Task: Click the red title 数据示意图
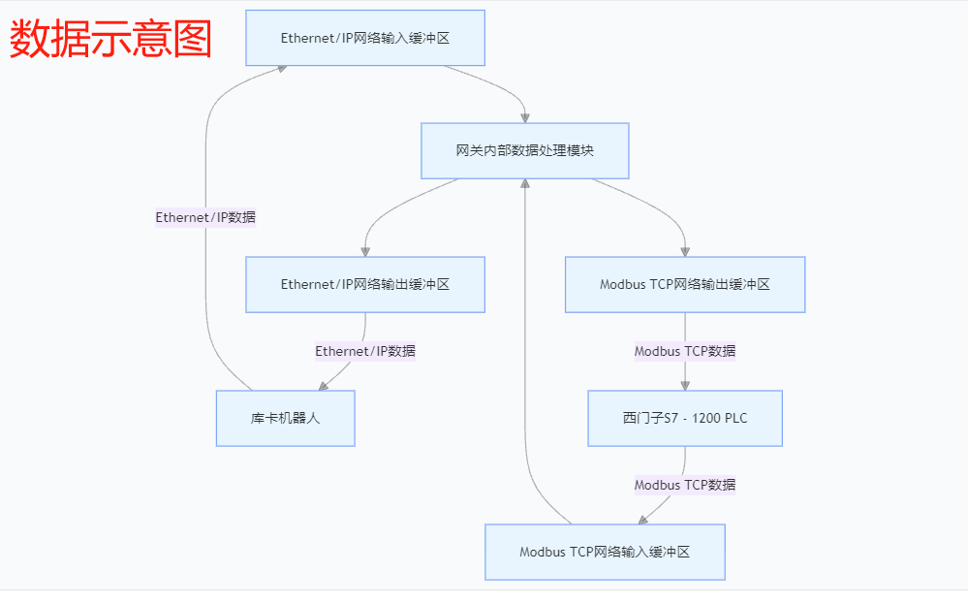110,39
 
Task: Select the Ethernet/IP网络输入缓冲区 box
365,38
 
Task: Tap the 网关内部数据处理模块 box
524,150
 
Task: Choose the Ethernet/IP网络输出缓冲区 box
365,284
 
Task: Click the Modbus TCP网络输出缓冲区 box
684,284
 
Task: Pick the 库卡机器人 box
285,418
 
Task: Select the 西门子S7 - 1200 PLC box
684,418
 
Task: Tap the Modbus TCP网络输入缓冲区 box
605,552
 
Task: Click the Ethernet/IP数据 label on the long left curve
205,217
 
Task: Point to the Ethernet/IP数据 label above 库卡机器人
365,351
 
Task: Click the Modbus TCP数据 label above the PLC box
684,351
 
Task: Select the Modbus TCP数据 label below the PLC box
684,484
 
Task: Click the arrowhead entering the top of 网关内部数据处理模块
525,117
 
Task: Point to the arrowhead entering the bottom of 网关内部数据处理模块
525,184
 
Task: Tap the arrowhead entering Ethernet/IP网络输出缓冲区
365,251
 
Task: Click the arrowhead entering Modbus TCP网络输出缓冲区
685,251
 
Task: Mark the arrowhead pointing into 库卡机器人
324,386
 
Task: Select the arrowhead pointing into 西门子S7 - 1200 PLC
685,385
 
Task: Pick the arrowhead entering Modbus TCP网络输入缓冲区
643,520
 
